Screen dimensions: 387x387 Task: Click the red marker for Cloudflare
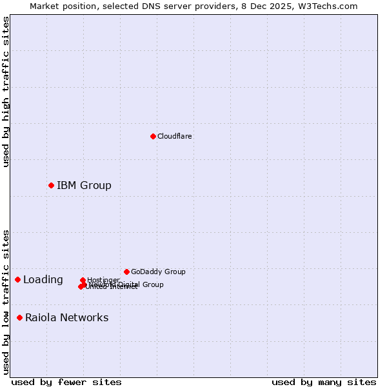153,136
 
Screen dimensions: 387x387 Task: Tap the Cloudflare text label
174,136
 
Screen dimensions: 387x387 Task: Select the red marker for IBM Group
51,185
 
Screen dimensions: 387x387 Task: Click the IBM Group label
84,186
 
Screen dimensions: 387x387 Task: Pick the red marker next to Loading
17,279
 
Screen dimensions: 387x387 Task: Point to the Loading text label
43,280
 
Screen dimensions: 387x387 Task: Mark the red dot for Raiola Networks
19,317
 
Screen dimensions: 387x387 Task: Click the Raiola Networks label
66,317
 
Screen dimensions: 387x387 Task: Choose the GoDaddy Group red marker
126,272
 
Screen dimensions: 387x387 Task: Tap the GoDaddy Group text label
158,272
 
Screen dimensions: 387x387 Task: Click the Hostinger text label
103,280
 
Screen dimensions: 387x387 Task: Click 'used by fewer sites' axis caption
66,382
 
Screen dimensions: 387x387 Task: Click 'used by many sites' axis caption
324,382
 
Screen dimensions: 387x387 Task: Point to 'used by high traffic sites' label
6,92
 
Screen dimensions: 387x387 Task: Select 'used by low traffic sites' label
6,301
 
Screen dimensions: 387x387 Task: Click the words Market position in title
62,6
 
